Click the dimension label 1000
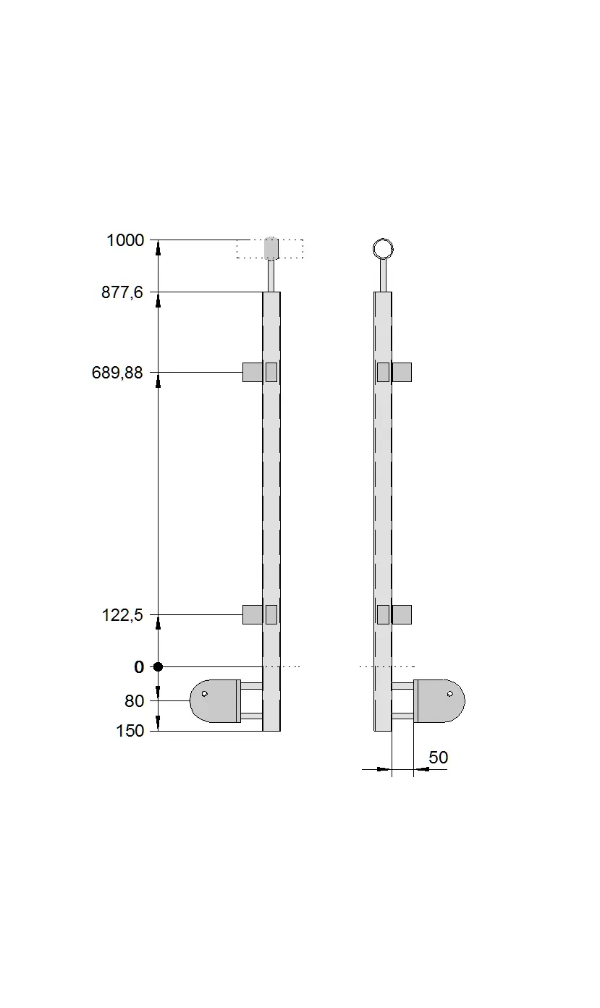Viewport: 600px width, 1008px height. pyautogui.click(x=125, y=240)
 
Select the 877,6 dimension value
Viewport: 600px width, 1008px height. pyautogui.click(x=122, y=292)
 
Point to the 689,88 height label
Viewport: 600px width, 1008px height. pyautogui.click(x=117, y=373)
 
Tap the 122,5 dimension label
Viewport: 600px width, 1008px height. pyautogui.click(x=122, y=614)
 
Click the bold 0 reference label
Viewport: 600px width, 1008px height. pyautogui.click(x=139, y=667)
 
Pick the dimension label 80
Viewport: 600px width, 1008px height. pyautogui.click(x=134, y=701)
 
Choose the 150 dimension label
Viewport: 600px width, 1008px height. pyautogui.click(x=130, y=731)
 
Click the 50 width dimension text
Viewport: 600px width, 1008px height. pyautogui.click(x=438, y=758)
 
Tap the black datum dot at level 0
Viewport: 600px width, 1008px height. pyautogui.click(x=158, y=667)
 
